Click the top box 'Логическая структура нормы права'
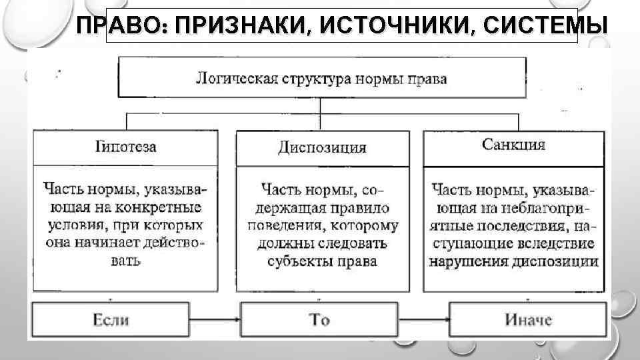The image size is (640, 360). [321, 79]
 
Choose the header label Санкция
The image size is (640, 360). [513, 145]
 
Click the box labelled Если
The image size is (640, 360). [111, 320]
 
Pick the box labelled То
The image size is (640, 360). [319, 320]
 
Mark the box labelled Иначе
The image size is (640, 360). [529, 320]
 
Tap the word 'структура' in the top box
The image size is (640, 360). [312, 79]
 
